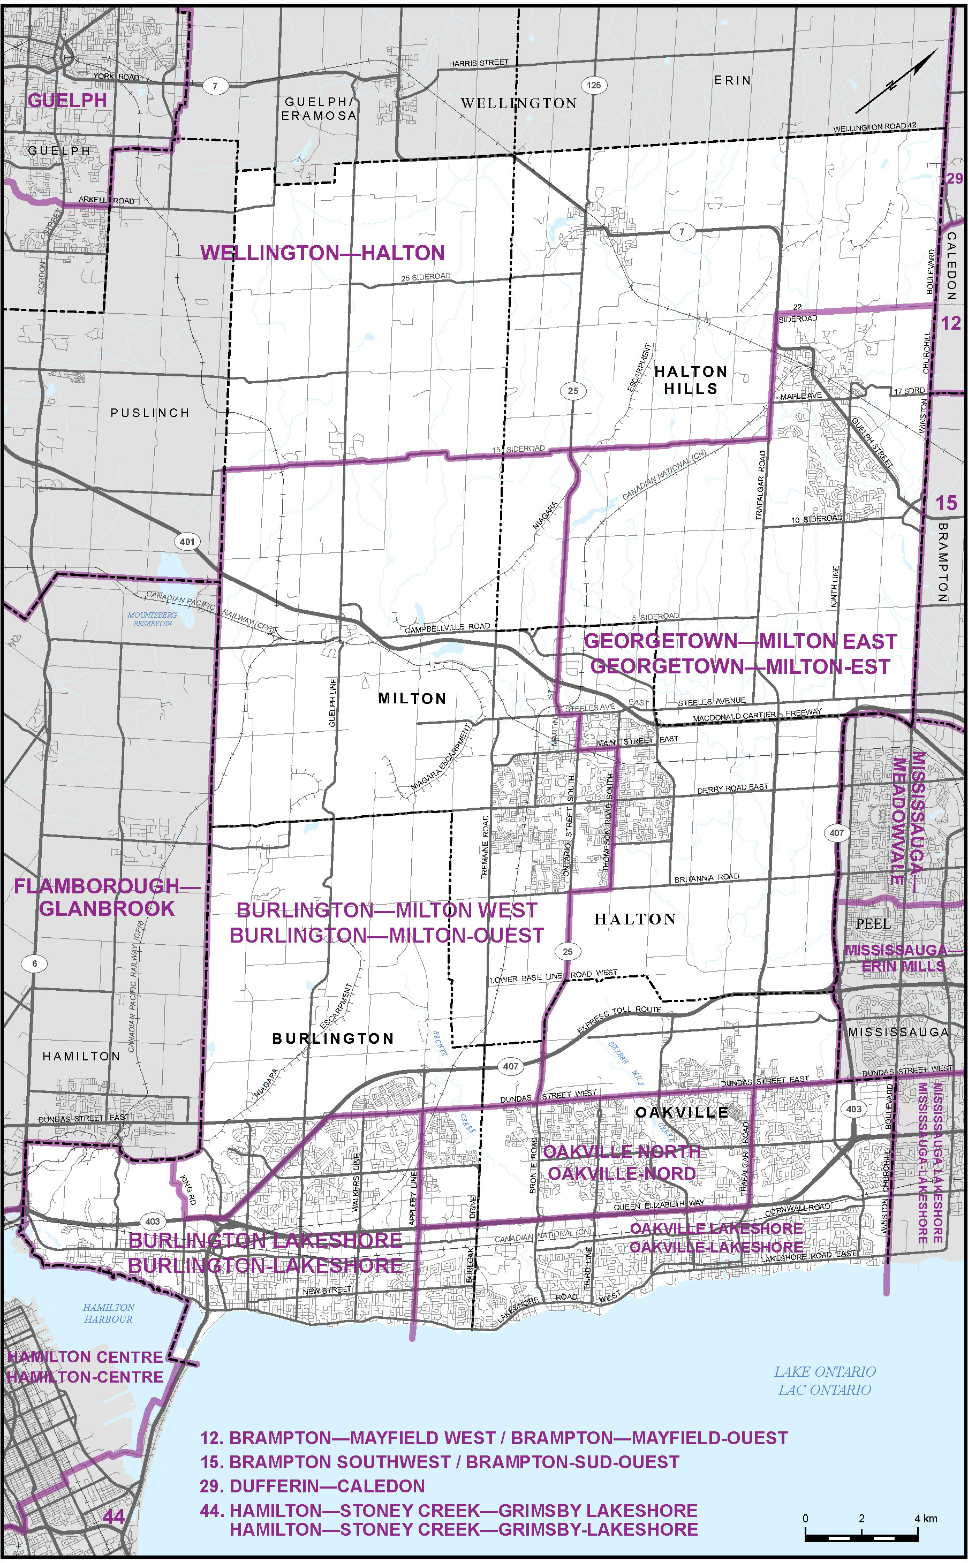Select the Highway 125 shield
point(593,85)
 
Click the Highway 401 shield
point(186,542)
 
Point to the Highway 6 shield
point(35,963)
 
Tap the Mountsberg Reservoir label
point(153,619)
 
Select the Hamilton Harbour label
point(109,1314)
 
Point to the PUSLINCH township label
point(150,413)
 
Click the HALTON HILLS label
point(690,380)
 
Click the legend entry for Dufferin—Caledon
point(313,1485)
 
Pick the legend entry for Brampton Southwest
point(439,1462)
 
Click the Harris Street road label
point(478,63)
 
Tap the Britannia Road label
point(706,878)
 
